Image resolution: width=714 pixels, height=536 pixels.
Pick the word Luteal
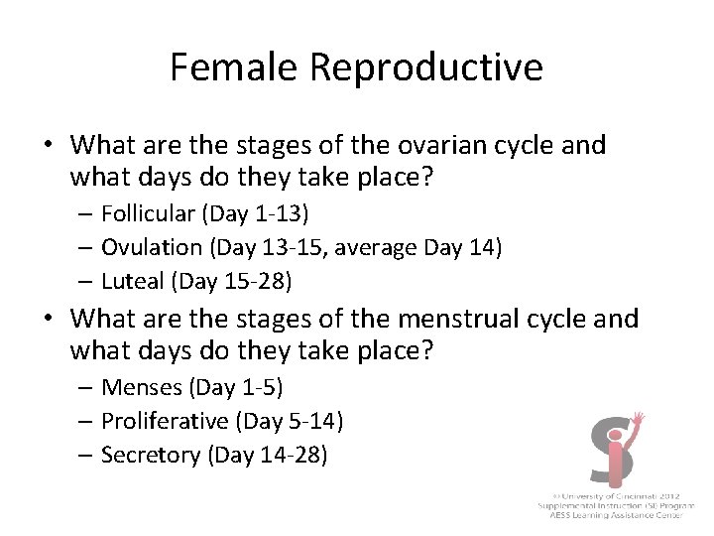pyautogui.click(x=134, y=281)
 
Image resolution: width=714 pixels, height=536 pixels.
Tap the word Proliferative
pyautogui.click(x=165, y=421)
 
